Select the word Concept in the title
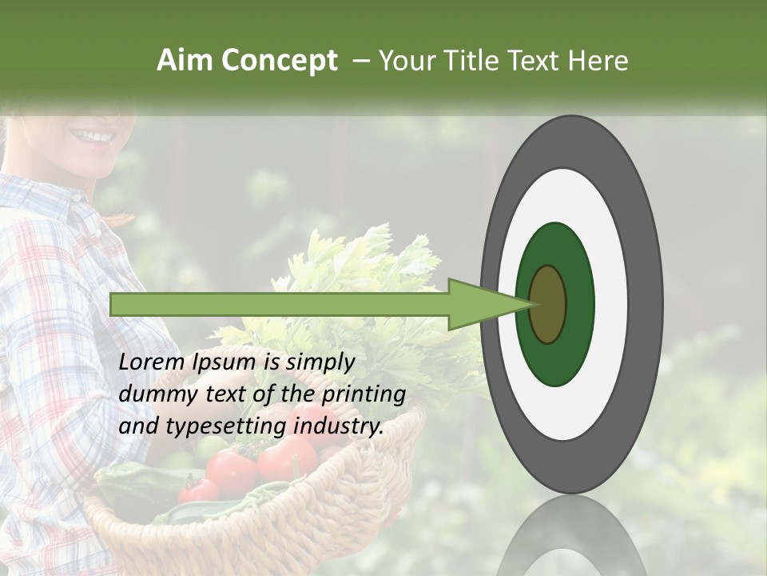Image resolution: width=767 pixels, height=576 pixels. tap(279, 61)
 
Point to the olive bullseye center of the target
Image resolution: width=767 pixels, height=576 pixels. tap(547, 305)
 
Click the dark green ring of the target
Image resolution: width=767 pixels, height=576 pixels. tap(555, 364)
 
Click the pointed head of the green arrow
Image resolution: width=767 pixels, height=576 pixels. tap(487, 305)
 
